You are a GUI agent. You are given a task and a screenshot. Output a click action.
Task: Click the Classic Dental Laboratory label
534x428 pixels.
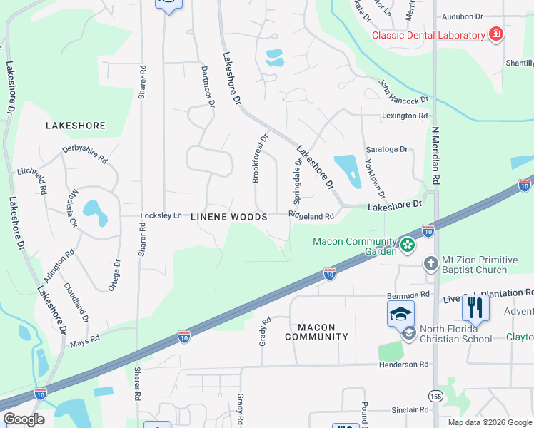pyautogui.click(x=428, y=36)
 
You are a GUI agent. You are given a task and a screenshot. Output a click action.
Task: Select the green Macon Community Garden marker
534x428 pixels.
pyautogui.click(x=408, y=245)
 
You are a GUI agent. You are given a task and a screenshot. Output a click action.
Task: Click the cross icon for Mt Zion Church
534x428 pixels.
pyautogui.click(x=430, y=264)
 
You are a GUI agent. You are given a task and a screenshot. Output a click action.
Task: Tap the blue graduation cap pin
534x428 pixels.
pyautogui.click(x=400, y=312)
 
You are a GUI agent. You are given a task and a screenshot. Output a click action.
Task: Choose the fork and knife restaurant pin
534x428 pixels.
pyautogui.click(x=475, y=307)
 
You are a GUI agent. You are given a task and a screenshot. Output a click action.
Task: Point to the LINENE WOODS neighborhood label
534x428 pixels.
pyautogui.click(x=229, y=216)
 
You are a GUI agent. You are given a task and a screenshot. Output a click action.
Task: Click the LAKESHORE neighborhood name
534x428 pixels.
pyautogui.click(x=75, y=126)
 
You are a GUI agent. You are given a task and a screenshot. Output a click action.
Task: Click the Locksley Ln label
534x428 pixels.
pyautogui.click(x=161, y=215)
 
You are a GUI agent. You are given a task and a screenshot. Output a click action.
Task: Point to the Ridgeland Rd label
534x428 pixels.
pyautogui.click(x=311, y=216)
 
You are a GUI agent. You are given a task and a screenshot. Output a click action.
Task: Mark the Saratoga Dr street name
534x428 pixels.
pyautogui.click(x=386, y=150)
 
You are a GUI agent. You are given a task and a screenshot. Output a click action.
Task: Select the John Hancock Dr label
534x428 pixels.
pyautogui.click(x=403, y=91)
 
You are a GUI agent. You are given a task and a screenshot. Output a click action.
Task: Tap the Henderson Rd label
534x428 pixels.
pyautogui.click(x=403, y=364)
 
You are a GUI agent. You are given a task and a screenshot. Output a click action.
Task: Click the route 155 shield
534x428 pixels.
pyautogui.click(x=435, y=395)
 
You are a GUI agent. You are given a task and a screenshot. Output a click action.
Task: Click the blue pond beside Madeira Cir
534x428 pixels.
pyautogui.click(x=91, y=209)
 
